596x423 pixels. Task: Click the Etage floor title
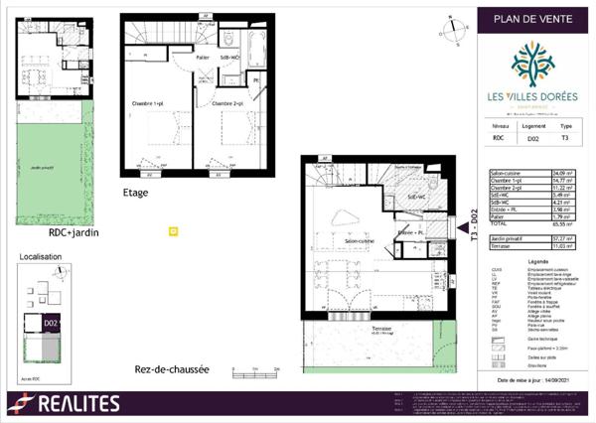click(136, 193)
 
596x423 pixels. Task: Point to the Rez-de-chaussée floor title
click(172, 369)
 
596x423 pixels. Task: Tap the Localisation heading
click(41, 256)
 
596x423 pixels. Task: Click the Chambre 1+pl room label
click(147, 102)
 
